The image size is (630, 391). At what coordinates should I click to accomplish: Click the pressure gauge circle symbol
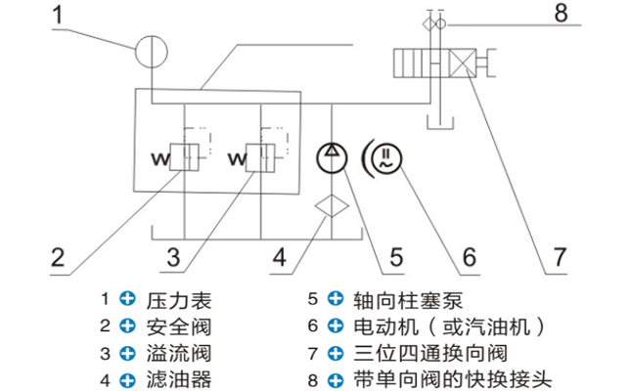click(152, 50)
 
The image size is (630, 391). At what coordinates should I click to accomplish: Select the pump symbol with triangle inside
click(334, 156)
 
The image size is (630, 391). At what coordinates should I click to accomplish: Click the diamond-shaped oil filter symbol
click(334, 207)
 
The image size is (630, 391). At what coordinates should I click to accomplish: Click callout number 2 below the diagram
click(58, 258)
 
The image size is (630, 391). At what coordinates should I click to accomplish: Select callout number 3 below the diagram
click(173, 258)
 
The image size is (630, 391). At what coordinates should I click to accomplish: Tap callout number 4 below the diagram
click(280, 258)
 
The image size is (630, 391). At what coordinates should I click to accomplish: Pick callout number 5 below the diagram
click(395, 258)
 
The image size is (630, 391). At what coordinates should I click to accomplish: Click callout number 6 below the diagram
click(469, 258)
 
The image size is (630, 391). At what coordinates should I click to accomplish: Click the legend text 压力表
click(178, 300)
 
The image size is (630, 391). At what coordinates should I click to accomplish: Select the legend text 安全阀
click(178, 326)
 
